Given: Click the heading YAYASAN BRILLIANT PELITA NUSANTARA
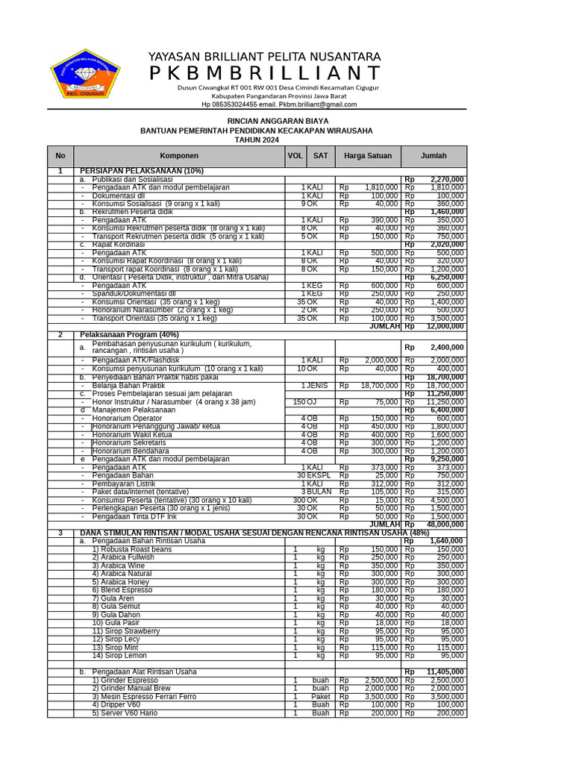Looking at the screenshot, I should tap(264, 57).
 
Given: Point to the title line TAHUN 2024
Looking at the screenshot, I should tap(257, 140).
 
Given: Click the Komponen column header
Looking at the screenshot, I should tap(179, 156).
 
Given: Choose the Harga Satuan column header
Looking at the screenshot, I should tap(368, 156).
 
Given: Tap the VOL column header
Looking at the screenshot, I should tap(295, 156).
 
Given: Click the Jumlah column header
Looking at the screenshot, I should tap(433, 156).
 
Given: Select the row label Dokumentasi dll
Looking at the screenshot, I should tap(122, 195).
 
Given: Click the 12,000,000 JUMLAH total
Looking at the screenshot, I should tap(446, 327).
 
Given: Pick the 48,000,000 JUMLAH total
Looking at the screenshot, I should tap(446, 525).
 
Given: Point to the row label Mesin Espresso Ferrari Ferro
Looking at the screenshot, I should tap(144, 697).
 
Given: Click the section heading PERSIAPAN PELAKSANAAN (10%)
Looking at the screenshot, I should tap(141, 172).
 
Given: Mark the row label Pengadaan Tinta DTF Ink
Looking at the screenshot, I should tap(134, 516).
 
